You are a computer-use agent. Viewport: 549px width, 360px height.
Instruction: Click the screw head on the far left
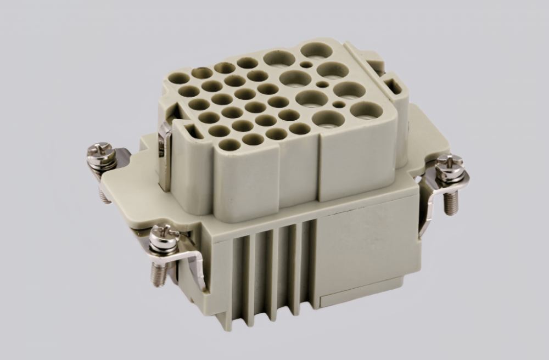(102, 149)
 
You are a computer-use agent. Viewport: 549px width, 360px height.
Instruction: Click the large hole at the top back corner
(317, 50)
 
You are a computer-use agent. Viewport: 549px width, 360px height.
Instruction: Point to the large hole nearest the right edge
(366, 111)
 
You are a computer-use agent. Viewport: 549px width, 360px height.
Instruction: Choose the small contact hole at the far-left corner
(178, 78)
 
